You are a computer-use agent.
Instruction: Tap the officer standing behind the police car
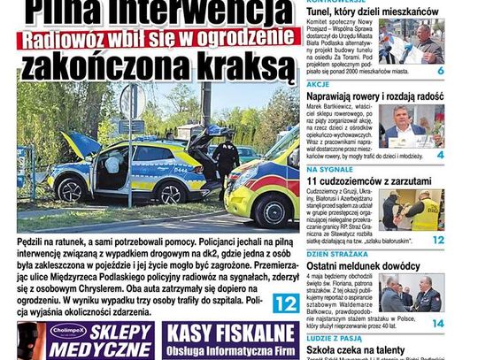pos(225,159)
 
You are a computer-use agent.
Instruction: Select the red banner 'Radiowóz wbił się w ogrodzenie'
pos(158,39)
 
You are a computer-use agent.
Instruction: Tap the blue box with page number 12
pos(285,303)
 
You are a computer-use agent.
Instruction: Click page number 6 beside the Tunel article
pos(440,70)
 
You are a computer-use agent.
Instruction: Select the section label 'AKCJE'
pos(319,86)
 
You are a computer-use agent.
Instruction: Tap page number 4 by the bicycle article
pos(440,155)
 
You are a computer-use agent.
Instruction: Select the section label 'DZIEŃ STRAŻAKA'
pos(331,254)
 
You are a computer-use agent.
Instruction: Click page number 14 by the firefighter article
pos(438,324)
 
